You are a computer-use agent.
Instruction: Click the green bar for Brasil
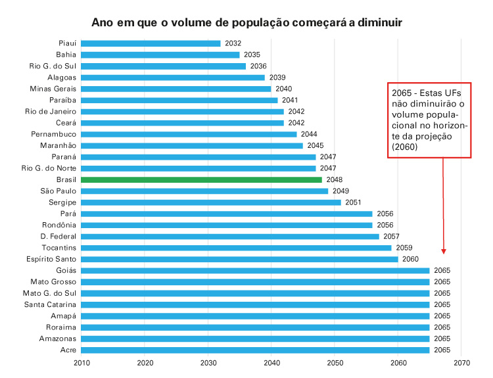point(202,179)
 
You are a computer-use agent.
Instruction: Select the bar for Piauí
point(151,43)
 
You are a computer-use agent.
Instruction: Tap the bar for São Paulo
point(205,191)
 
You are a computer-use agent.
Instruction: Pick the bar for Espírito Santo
point(240,259)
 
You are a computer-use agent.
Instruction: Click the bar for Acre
point(256,350)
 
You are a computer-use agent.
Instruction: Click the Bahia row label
point(65,55)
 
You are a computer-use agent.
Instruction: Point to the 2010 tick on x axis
point(82,362)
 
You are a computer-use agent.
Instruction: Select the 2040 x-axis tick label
point(271,362)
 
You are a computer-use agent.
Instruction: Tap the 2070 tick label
point(461,362)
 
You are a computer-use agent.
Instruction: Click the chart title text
point(246,22)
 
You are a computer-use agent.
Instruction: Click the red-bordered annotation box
point(429,120)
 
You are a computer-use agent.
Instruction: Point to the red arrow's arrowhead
point(444,250)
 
